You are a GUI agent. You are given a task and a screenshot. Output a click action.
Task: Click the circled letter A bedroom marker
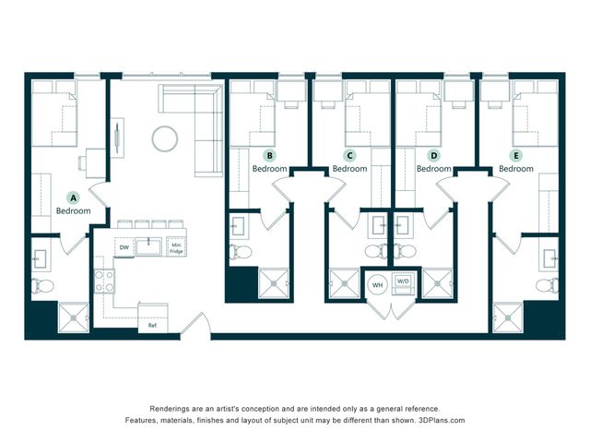pyautogui.click(x=74, y=198)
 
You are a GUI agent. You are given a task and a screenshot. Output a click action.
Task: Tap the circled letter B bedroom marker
pyautogui.click(x=269, y=155)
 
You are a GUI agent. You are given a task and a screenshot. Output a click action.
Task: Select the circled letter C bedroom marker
pyautogui.click(x=350, y=155)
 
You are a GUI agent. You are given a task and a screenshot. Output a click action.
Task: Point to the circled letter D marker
pyautogui.click(x=434, y=155)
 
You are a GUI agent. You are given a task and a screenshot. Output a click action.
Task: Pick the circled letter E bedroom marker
pyautogui.click(x=516, y=155)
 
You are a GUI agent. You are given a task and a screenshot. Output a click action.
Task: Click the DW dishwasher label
pyautogui.click(x=124, y=247)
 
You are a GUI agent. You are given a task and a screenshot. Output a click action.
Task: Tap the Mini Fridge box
pyautogui.click(x=176, y=247)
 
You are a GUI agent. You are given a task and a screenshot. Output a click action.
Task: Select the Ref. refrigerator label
pyautogui.click(x=153, y=326)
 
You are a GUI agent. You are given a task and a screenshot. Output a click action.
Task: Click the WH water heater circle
pyautogui.click(x=377, y=285)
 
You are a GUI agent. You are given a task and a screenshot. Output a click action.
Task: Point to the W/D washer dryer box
pyautogui.click(x=403, y=283)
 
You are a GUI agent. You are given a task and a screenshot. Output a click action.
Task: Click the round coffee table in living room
pyautogui.click(x=165, y=138)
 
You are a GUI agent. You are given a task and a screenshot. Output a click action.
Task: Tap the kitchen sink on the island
pyautogui.click(x=148, y=246)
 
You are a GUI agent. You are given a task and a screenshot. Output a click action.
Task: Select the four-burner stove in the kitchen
pyautogui.click(x=104, y=281)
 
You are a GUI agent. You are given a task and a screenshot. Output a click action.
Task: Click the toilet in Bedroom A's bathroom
pyautogui.click(x=42, y=285)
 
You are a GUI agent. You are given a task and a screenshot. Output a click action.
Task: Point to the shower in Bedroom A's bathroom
pyautogui.click(x=74, y=317)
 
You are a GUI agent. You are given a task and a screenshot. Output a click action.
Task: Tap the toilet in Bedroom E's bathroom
pyautogui.click(x=548, y=284)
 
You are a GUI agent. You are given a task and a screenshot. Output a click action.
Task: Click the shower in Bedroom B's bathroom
pyautogui.click(x=274, y=283)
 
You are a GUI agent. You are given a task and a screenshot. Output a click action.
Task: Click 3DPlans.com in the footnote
pyautogui.click(x=442, y=420)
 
